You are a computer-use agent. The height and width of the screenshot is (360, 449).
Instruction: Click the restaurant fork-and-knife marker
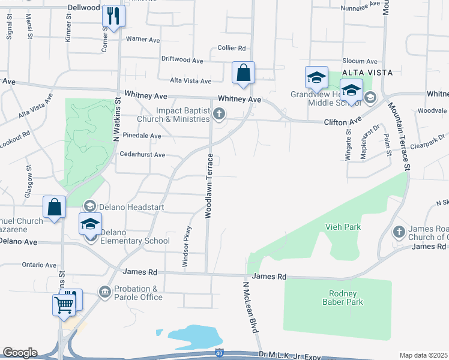pos(113,16)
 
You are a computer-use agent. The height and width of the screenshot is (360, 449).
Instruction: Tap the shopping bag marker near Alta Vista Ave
pos(243,73)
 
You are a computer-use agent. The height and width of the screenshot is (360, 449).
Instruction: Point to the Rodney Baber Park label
pos(343,298)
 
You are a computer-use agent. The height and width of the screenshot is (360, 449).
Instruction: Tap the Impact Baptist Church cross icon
pos(220,114)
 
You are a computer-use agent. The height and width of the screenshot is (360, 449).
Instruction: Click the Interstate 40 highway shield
pos(220,354)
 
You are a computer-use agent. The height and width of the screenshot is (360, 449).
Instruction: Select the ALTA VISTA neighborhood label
pos(367,73)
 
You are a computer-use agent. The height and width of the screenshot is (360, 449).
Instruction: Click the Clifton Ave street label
pos(343,122)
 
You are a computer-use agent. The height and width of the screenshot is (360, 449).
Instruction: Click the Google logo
pos(20,353)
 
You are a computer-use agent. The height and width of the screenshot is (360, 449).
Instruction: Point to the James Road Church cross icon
pos(399,232)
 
